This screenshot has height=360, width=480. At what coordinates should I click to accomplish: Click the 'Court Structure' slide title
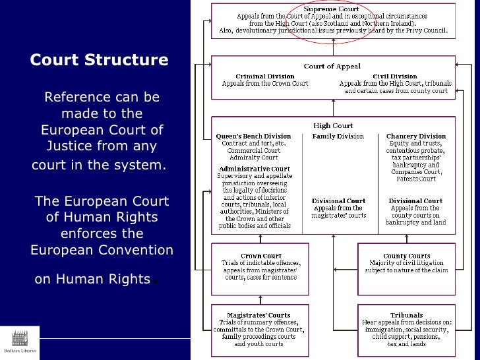tap(99, 61)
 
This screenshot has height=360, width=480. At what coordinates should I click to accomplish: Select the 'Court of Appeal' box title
tap(333, 67)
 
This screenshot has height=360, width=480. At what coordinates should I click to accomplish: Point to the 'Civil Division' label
tap(395, 76)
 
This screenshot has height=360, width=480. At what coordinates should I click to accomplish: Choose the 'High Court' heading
tap(333, 126)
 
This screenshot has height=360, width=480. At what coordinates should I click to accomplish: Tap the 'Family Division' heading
tap(338, 136)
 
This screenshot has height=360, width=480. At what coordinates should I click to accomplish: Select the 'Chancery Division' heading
tap(416, 136)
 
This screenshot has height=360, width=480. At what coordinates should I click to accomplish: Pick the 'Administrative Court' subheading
tap(254, 169)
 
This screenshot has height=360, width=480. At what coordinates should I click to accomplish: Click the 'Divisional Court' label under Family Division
tap(338, 201)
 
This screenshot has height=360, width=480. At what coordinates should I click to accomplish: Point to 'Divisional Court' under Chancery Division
tap(416, 201)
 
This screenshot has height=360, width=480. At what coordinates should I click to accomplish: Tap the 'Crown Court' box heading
tap(261, 256)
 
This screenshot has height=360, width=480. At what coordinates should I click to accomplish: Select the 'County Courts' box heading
tap(407, 256)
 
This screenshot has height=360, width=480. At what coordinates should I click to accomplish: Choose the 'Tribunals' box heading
tap(407, 315)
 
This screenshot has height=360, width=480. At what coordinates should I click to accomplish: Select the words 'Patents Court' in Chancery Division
tap(416, 179)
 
